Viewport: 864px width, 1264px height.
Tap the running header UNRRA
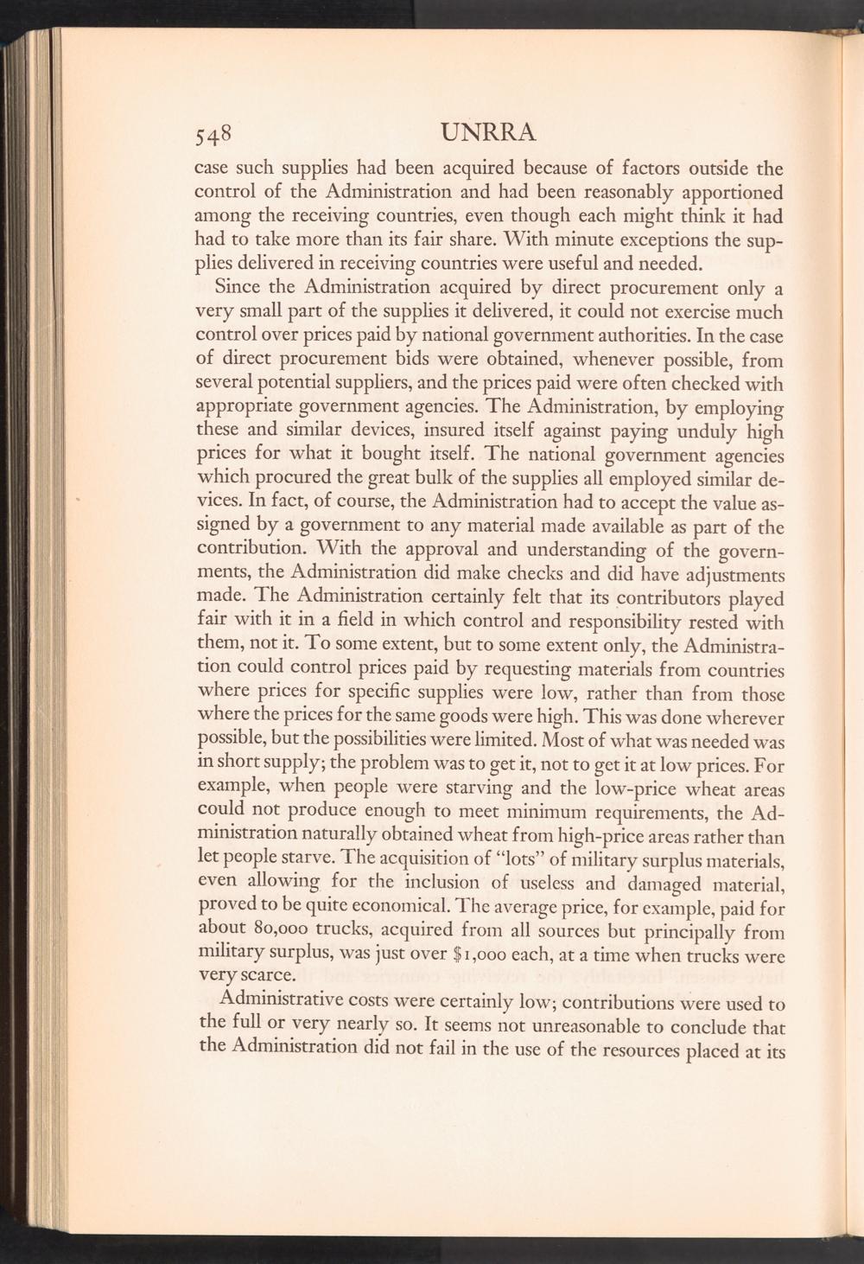488,132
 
